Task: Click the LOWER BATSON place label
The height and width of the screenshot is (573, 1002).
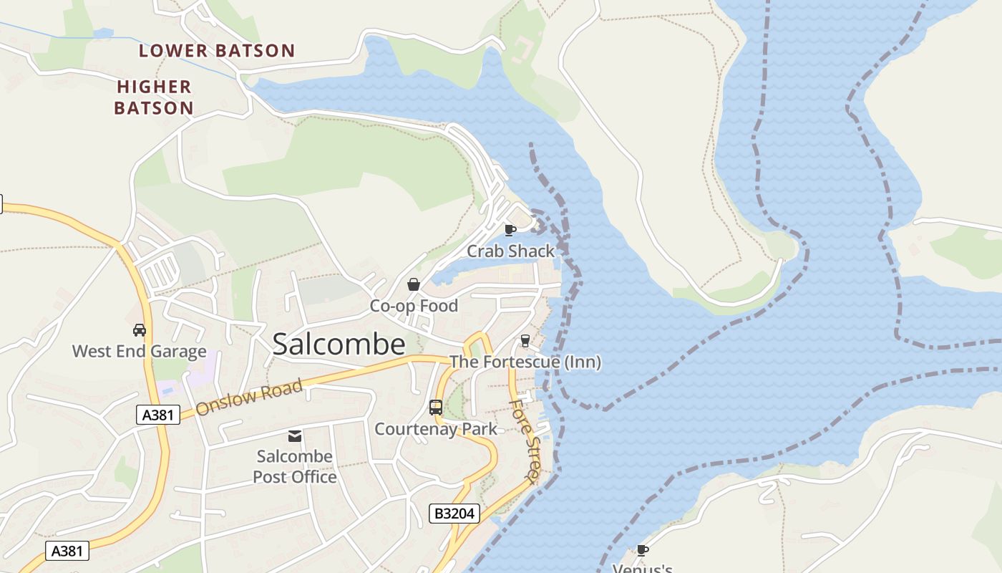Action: click(217, 51)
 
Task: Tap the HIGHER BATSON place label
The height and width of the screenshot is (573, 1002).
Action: click(155, 97)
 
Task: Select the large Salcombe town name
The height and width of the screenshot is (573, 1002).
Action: click(339, 345)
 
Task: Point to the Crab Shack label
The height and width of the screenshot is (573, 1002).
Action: click(510, 251)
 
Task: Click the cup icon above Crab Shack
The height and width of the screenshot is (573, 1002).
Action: click(510, 230)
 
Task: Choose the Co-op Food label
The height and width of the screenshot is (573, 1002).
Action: click(414, 306)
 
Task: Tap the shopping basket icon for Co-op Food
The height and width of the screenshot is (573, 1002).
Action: click(414, 284)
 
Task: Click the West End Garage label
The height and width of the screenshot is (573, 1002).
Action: click(140, 352)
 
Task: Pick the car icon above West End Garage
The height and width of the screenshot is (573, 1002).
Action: click(140, 330)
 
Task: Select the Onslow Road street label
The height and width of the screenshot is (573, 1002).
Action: click(248, 398)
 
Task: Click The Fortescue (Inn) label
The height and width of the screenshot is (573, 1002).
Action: click(525, 362)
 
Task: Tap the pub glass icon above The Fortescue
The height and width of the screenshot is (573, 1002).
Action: click(525, 340)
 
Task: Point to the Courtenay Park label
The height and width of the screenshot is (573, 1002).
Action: click(436, 430)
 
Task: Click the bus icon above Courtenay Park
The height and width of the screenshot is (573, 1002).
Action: click(435, 408)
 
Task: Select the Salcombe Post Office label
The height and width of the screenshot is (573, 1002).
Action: click(295, 466)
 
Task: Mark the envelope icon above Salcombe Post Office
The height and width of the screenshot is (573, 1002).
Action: click(294, 436)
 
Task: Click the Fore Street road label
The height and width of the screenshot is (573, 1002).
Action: click(525, 440)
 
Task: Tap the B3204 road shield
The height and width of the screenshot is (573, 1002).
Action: click(454, 514)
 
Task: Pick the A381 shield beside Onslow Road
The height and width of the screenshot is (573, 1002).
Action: click(157, 414)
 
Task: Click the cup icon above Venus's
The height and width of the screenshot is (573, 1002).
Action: click(642, 551)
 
